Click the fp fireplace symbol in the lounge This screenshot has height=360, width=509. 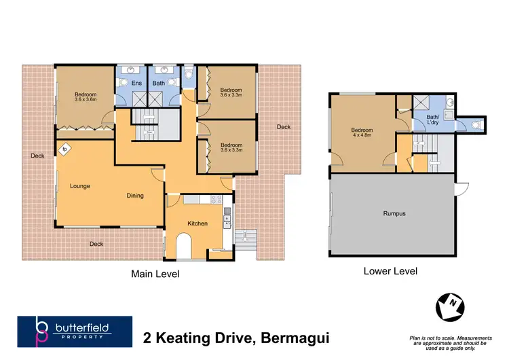tap(65, 149)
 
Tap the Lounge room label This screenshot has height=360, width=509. tap(80, 185)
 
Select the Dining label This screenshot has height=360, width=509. tap(135, 196)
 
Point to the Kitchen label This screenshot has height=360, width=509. tap(197, 223)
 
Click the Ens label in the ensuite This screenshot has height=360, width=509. tap(136, 84)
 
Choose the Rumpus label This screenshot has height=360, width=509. tap(394, 213)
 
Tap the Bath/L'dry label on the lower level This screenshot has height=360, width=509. tap(433, 120)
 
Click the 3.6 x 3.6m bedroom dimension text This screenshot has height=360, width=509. tap(86, 99)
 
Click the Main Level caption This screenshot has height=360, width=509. tap(155, 274)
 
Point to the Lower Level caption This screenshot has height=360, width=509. tap(390, 271)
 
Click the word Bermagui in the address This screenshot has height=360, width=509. tap(297, 336)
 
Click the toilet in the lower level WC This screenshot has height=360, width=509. tap(476, 125)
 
